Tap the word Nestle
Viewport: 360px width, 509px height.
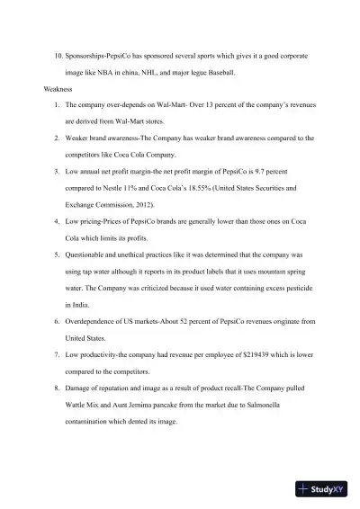(x=134, y=190)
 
